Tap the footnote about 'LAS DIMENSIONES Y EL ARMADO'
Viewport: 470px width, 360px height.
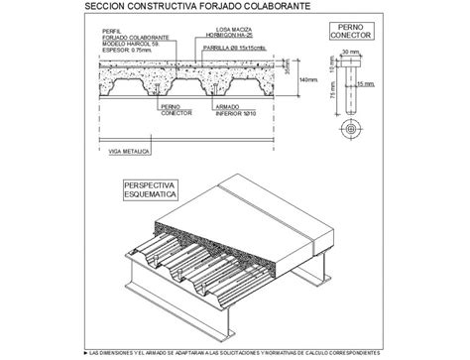(235, 353)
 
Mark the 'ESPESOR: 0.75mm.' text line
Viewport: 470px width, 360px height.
(124, 55)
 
